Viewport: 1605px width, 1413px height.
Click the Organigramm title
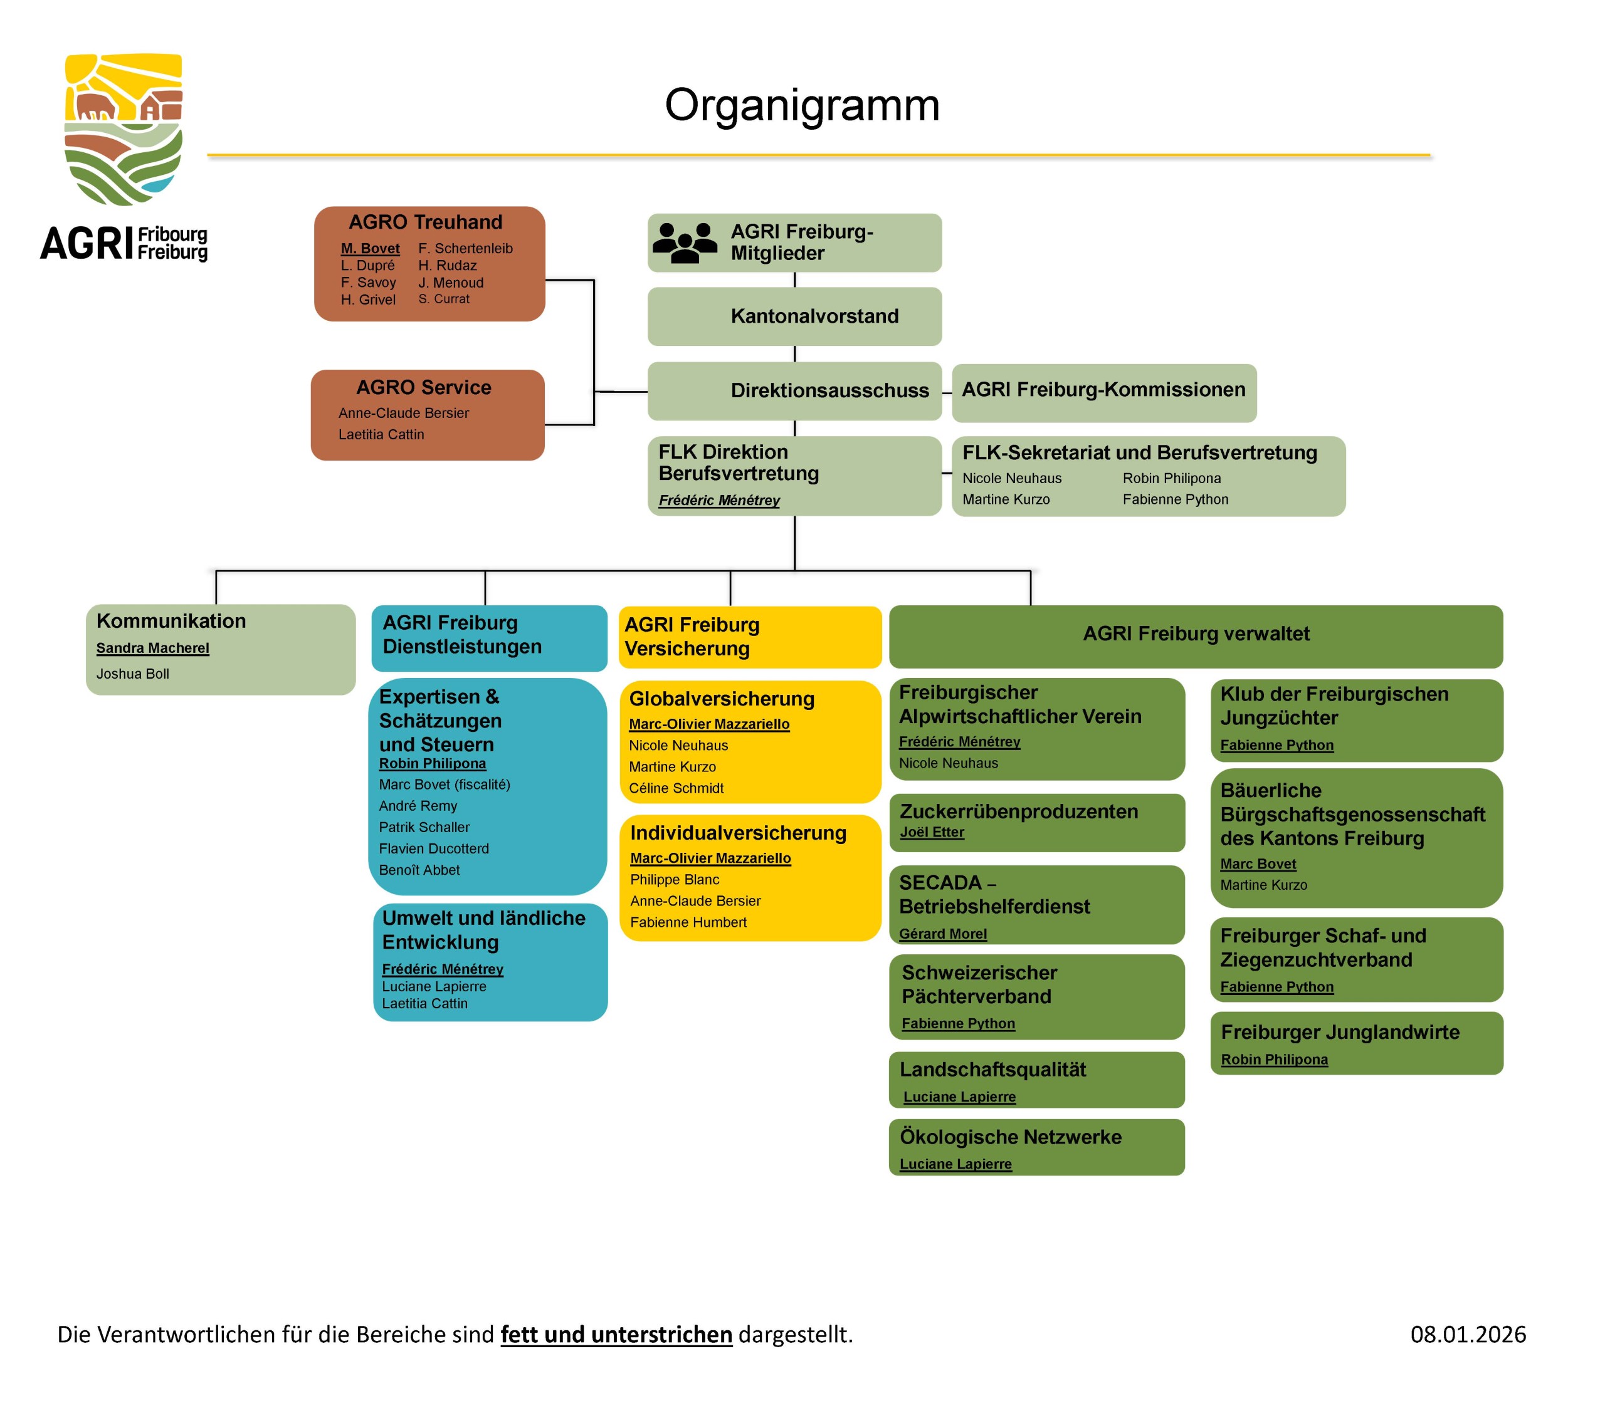click(802, 105)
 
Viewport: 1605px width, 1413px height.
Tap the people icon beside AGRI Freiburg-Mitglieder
click(684, 242)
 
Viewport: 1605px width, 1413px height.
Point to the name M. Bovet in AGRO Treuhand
click(370, 249)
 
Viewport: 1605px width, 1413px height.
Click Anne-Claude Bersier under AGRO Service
click(404, 414)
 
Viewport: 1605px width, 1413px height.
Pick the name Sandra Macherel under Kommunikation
click(152, 649)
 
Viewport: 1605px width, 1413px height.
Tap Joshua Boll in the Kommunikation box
click(133, 674)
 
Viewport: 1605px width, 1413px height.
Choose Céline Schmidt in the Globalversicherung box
click(676, 789)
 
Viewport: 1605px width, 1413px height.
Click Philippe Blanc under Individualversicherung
click(675, 880)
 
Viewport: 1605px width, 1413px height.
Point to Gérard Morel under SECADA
click(942, 934)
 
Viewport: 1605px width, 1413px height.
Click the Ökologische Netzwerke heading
click(1010, 1137)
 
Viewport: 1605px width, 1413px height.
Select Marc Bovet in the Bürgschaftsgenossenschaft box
click(1258, 864)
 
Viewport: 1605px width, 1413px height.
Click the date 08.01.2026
click(1468, 1335)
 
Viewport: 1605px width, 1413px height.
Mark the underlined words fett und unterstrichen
click(616, 1335)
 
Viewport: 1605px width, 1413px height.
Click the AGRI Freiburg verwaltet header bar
click(1195, 634)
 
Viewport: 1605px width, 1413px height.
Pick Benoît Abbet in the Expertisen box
click(419, 870)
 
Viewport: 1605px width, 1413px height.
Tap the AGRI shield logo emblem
click(124, 130)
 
